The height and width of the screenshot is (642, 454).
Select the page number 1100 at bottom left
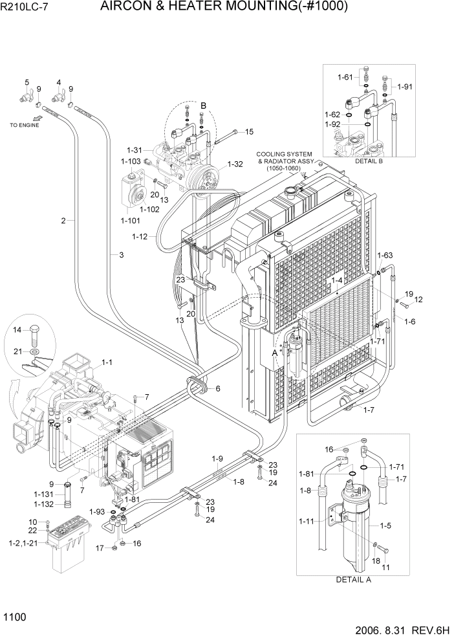coord(15,618)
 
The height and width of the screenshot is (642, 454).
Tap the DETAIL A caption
coord(353,580)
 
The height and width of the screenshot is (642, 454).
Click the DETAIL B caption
coord(368,160)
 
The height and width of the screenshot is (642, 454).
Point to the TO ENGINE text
coord(24,125)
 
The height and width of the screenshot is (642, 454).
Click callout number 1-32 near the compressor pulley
coord(235,164)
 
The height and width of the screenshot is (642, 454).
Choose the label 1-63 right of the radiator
coord(385,255)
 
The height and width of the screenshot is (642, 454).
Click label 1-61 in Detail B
coord(344,78)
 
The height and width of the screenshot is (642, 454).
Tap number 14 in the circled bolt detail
coord(17,330)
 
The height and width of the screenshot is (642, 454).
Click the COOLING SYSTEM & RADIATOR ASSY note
coord(285,160)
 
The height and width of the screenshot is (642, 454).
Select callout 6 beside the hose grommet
coord(218,388)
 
